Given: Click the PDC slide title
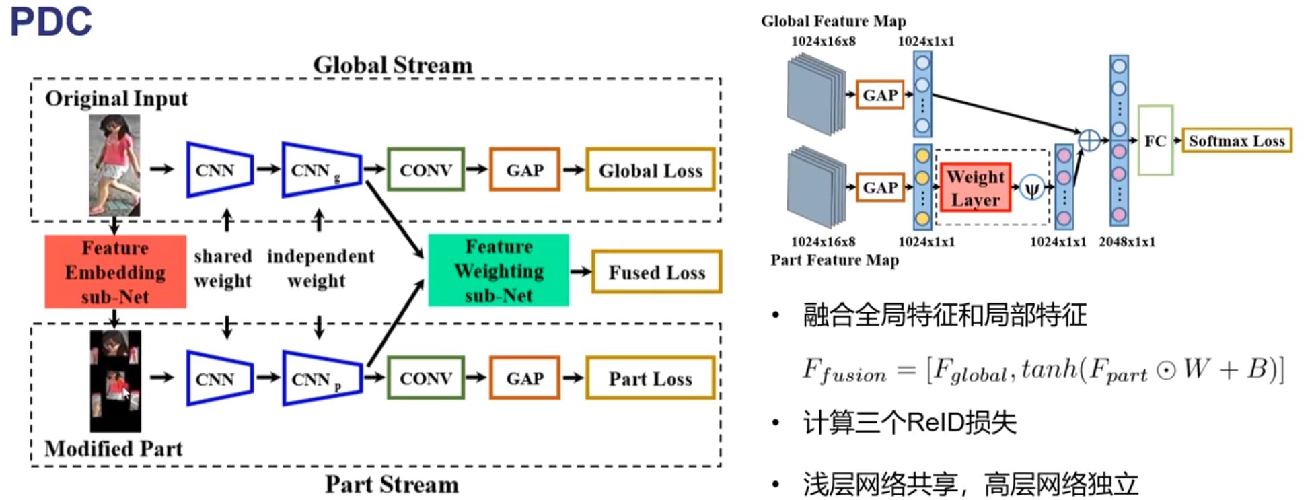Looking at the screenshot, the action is tap(51, 21).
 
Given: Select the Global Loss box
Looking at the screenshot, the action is tap(650, 170).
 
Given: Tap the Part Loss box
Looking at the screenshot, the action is tap(650, 378).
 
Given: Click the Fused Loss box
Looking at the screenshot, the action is tap(657, 272).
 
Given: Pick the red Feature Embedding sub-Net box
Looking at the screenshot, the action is tap(115, 272).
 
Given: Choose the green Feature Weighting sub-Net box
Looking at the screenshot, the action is tap(499, 271).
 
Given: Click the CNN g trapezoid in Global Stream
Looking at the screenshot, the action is tap(322, 170).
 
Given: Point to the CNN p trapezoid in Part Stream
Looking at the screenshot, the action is tap(322, 378).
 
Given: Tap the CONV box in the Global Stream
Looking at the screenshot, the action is tap(426, 170).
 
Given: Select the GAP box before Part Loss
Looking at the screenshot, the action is tap(525, 378).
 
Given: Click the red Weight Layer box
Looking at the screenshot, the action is tap(976, 188).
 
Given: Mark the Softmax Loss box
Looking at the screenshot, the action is tap(1237, 141).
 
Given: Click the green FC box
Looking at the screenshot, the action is tap(1155, 141).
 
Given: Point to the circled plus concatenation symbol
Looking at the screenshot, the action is tap(1089, 141).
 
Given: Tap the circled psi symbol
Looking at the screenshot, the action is tap(1031, 188).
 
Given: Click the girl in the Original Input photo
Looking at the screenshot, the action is tap(116, 164).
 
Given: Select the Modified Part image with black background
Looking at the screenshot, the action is tap(116, 381).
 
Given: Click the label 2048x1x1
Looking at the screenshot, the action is tap(1127, 242).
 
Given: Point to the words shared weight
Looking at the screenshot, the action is tap(223, 269).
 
